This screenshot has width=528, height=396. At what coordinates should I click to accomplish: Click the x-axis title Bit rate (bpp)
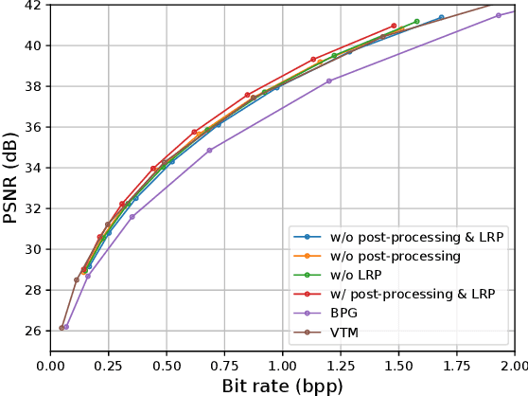tap(282, 386)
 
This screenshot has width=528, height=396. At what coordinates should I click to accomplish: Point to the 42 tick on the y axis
tap(32, 5)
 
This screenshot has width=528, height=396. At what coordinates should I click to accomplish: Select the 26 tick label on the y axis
tap(32, 332)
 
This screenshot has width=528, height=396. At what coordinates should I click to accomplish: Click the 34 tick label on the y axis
tap(32, 168)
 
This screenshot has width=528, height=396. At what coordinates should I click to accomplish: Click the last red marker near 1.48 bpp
tap(394, 26)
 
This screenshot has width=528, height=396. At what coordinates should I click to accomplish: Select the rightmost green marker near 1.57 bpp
tap(416, 21)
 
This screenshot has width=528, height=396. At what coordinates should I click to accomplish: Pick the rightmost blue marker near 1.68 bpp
tap(441, 17)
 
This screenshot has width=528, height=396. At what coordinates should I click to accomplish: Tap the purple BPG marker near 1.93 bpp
tap(499, 15)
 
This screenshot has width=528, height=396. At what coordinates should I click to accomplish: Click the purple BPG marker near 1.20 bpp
tap(328, 81)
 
